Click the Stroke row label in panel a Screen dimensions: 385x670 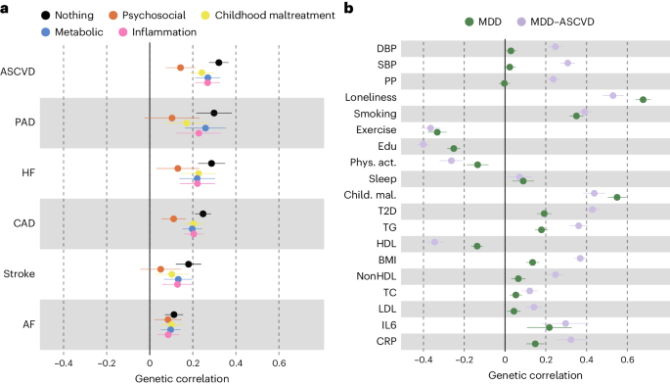(22, 272)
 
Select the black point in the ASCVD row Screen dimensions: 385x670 (218, 63)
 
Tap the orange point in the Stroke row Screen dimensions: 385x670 (160, 268)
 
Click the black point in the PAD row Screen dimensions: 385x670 (214, 114)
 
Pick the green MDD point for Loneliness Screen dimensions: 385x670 (643, 100)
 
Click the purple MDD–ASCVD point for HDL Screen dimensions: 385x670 (434, 242)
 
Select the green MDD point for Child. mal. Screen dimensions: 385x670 (617, 197)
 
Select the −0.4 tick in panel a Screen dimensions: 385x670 (63, 363)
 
